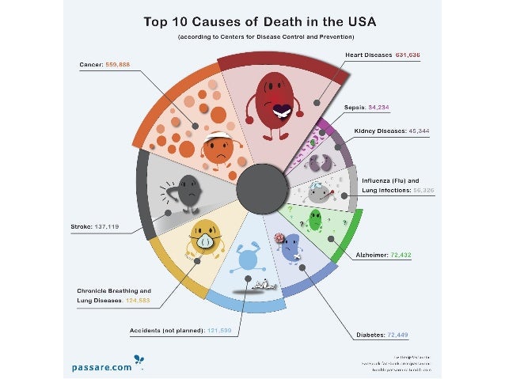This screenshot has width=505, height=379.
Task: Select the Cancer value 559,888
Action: click(x=123, y=65)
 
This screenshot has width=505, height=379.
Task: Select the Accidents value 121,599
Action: click(x=218, y=329)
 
